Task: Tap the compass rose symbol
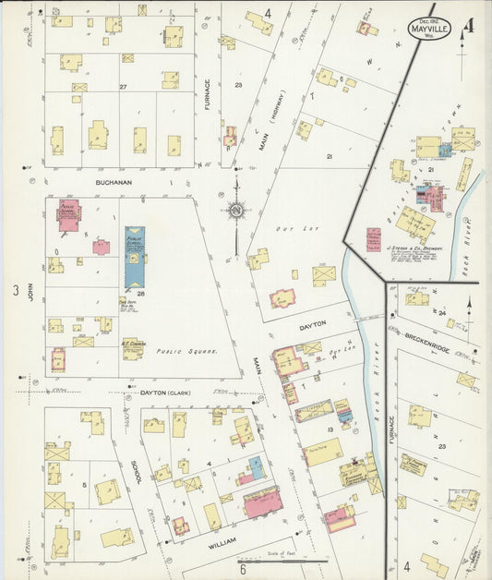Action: click(236, 210)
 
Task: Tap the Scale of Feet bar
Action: click(282, 560)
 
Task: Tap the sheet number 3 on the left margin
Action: click(15, 292)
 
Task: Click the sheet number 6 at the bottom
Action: click(243, 569)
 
